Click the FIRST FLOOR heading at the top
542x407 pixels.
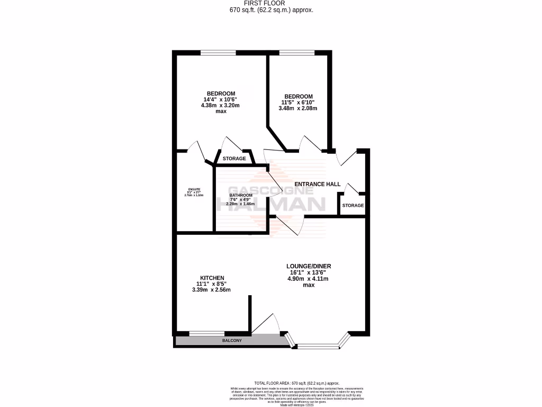pos(270,3)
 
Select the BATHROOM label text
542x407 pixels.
pos(240,195)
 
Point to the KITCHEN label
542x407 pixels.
pos(212,278)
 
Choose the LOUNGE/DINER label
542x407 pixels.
pos(309,266)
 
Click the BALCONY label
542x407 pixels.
pos(232,340)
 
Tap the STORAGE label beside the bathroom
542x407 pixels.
pos(234,159)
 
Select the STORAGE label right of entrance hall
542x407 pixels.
pos(353,206)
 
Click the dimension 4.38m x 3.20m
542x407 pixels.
pos(220,105)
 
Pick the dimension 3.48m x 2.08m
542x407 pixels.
pos(297,109)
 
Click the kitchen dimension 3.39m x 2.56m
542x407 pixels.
pos(212,290)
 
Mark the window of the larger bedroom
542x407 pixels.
pos(218,52)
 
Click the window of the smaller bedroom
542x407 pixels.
pos(296,52)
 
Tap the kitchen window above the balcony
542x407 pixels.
pos(206,333)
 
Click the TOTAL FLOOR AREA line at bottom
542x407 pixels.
pos(296,383)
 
